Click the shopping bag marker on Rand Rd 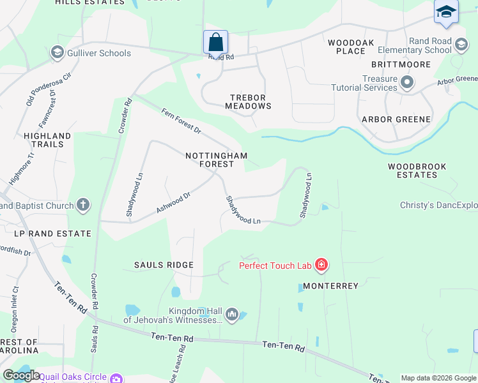[x=216, y=42]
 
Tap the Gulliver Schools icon [x=57, y=53]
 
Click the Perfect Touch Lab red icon [x=321, y=265]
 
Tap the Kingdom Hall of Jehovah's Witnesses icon [x=232, y=313]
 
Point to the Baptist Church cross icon [x=82, y=206]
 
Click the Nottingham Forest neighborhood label [x=216, y=160]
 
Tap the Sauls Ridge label [x=164, y=264]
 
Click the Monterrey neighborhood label [x=330, y=286]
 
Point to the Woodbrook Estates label [x=417, y=170]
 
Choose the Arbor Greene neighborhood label [x=396, y=119]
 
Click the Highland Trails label [x=47, y=140]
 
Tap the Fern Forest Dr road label [x=181, y=121]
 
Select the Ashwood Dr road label [x=173, y=204]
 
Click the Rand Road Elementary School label [x=413, y=46]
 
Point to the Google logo [x=21, y=375]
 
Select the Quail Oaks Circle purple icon [x=116, y=378]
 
